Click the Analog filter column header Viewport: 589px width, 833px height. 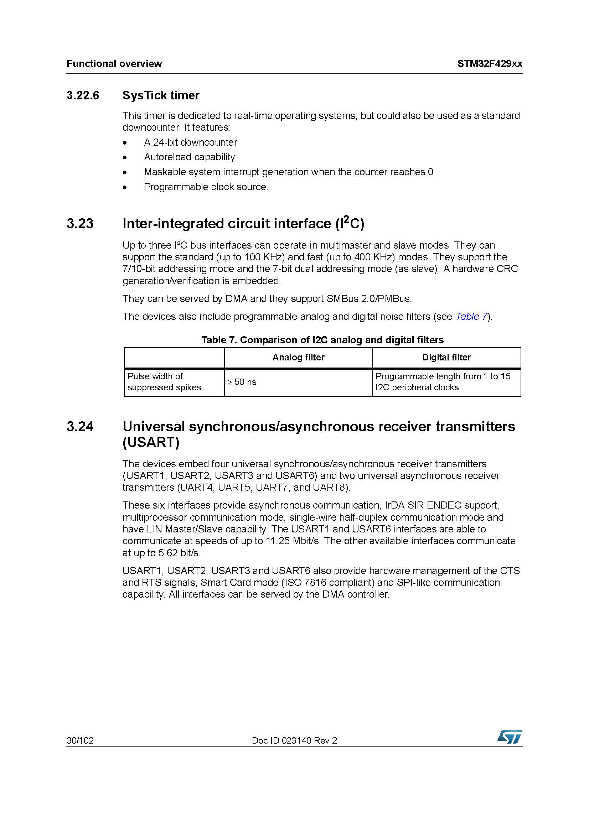coord(298,357)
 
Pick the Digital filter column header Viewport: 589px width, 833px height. coord(446,357)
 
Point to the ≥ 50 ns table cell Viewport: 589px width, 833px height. coord(242,382)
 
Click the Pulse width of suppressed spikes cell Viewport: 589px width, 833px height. coord(164,382)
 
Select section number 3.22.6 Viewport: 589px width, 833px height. coord(83,95)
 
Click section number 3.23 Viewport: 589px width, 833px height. coord(80,224)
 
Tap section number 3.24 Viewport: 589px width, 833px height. coord(80,426)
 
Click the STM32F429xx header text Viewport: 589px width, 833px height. coord(490,64)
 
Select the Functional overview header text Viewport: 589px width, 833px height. coord(114,64)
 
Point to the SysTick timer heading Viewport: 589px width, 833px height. coord(161,95)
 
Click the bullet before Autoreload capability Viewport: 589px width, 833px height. coord(125,157)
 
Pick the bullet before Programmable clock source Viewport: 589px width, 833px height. coord(125,187)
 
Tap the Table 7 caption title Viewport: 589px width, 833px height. coord(322,340)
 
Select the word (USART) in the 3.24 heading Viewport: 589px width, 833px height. coord(151,442)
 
